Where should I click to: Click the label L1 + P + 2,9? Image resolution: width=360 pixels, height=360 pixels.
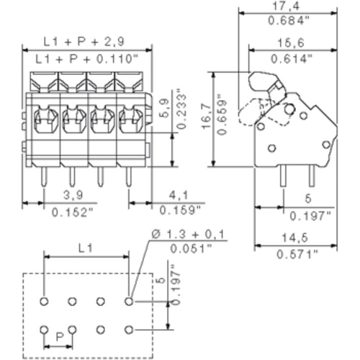click(88, 42)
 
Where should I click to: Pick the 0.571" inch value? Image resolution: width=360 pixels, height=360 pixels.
click(296, 253)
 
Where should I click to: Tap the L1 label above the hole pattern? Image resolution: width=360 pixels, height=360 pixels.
click(86, 248)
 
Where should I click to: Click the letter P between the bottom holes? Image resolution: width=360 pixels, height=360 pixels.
click(59, 336)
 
